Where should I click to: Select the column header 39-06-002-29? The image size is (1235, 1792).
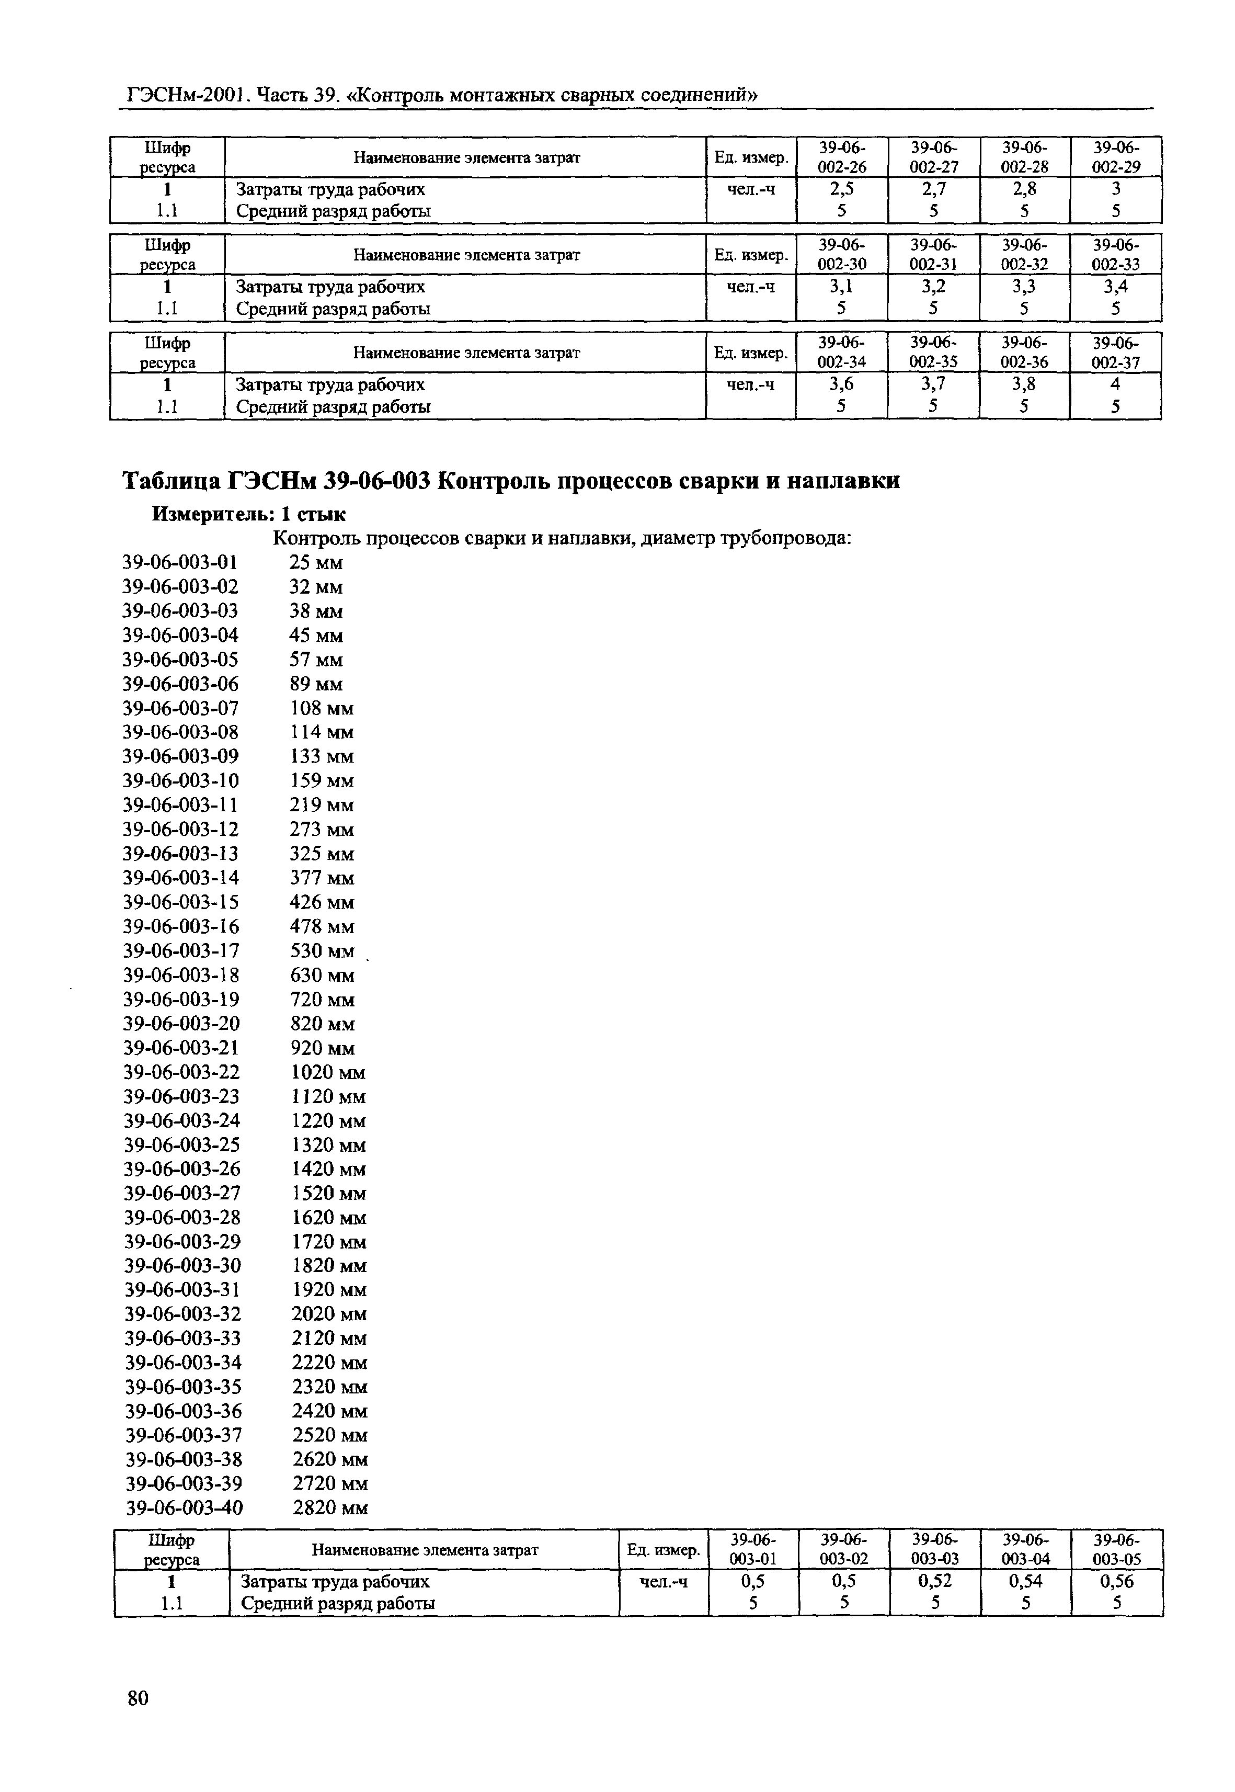(x=1115, y=156)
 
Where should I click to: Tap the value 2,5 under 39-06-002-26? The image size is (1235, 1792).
(x=841, y=189)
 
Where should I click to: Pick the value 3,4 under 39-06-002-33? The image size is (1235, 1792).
(x=1115, y=287)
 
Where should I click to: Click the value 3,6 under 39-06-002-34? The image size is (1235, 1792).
(x=841, y=384)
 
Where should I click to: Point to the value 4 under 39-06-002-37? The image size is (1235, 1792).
(x=1115, y=384)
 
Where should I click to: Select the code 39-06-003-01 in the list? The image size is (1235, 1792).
(x=180, y=562)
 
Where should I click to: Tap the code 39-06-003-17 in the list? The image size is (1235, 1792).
(x=181, y=950)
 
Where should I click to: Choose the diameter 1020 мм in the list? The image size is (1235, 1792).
(x=327, y=1072)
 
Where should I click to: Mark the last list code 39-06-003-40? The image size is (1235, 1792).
(x=184, y=1508)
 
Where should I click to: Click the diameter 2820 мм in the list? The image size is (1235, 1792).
(x=329, y=1508)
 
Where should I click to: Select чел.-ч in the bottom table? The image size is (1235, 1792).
(x=663, y=1581)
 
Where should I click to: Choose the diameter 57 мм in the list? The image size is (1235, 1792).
(x=316, y=660)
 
